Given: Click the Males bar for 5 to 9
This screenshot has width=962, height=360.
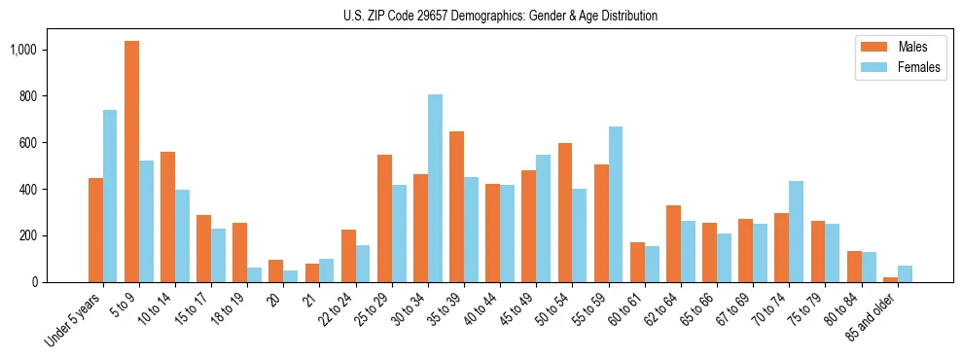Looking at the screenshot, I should (x=131, y=162).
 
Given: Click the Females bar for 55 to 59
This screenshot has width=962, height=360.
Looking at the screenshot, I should (x=616, y=204).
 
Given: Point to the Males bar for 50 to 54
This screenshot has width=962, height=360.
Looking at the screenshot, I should (x=565, y=213).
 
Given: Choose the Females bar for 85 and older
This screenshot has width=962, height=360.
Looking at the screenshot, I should (x=905, y=273).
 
